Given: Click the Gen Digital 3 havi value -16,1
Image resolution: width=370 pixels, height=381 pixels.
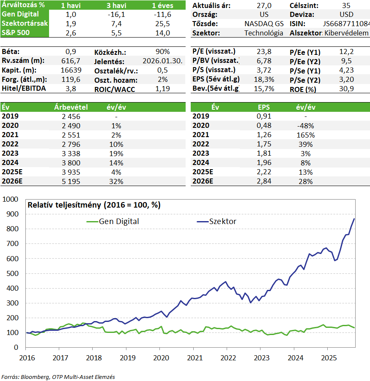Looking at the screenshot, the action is pyautogui.click(x=116, y=15).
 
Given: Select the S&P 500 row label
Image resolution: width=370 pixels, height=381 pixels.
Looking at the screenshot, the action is pyautogui.click(x=16, y=32).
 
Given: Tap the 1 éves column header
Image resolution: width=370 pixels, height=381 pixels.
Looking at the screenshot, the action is pyautogui.click(x=162, y=5).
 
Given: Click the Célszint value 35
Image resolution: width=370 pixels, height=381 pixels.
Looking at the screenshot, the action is pyautogui.click(x=346, y=5).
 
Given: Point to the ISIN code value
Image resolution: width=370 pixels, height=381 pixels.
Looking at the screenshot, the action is pyautogui.click(x=346, y=24).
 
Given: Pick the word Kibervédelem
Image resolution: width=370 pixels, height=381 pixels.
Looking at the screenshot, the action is pyautogui.click(x=346, y=33).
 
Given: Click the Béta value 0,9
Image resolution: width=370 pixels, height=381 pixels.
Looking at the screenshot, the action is pyautogui.click(x=71, y=51).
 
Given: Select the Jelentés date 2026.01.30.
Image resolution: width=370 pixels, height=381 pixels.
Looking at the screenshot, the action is pyautogui.click(x=162, y=61).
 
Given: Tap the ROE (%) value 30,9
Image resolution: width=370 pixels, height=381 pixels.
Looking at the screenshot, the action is pyautogui.click(x=346, y=89).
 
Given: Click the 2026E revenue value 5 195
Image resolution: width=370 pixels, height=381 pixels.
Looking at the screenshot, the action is pyautogui.click(x=71, y=181).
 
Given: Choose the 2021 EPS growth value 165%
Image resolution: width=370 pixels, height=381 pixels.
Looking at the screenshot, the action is pyautogui.click(x=306, y=135).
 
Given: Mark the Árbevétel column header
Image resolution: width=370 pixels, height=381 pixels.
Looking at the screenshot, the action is pyautogui.click(x=71, y=107).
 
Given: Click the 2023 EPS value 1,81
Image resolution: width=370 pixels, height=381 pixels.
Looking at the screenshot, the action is pyautogui.click(x=264, y=154).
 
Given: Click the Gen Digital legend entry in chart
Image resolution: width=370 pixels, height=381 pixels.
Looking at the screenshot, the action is pyautogui.click(x=113, y=222).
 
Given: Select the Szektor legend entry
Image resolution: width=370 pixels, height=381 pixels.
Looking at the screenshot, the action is pyautogui.click(x=217, y=222).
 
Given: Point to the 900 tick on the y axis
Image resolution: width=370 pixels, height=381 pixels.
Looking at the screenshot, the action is pyautogui.click(x=12, y=214).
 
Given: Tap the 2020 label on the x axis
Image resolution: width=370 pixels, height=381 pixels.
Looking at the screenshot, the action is pyautogui.click(x=161, y=358).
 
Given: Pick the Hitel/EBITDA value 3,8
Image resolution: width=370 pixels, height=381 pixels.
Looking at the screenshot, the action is pyautogui.click(x=71, y=89).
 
